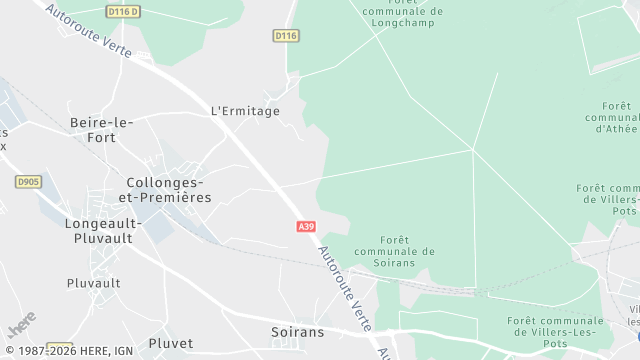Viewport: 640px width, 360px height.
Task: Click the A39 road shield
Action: [307, 227]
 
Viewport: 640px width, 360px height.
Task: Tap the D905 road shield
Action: [28, 181]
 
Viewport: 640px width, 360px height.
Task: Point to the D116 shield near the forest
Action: [286, 35]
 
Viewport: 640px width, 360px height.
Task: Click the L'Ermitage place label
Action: [245, 110]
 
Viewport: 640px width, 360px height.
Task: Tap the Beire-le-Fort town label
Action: [102, 131]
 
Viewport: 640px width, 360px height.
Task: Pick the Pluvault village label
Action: [93, 283]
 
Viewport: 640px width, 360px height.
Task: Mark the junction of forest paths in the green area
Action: [472, 151]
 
